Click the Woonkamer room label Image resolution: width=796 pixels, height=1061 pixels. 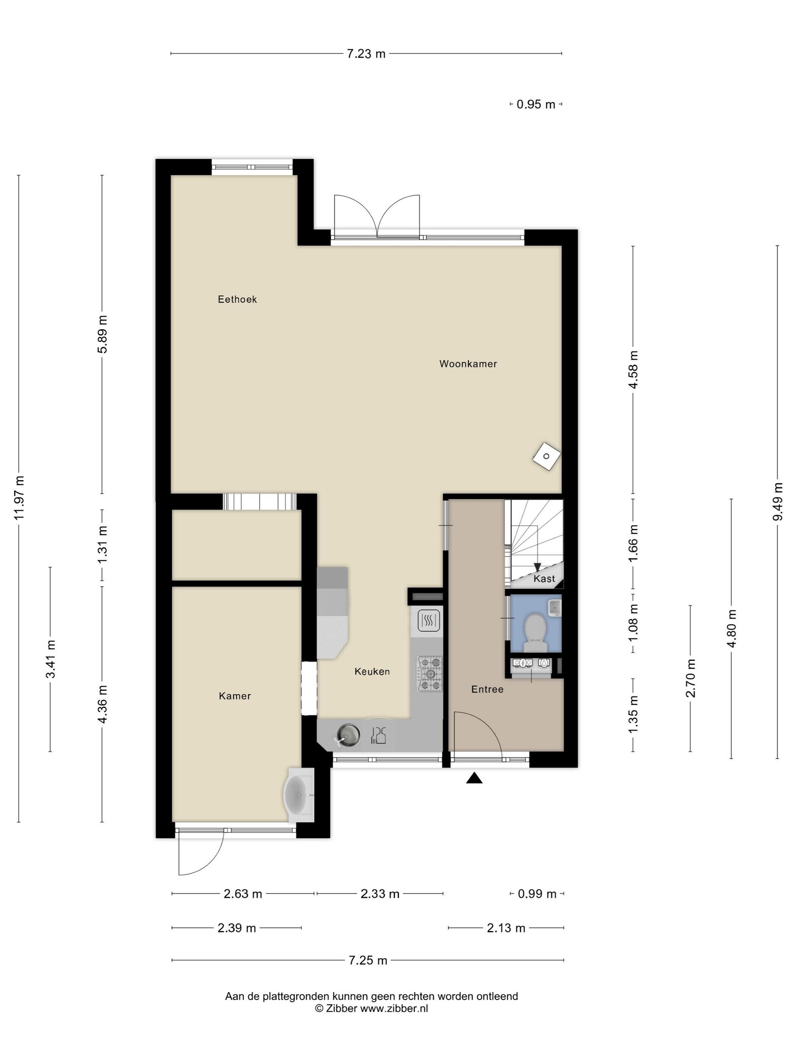click(468, 363)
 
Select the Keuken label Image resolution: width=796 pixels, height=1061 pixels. click(372, 671)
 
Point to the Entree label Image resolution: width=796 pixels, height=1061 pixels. click(487, 689)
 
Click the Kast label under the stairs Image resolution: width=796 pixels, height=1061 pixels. click(544, 579)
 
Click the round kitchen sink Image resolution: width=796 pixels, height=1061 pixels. click(348, 734)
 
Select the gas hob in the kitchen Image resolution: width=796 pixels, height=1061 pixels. click(430, 673)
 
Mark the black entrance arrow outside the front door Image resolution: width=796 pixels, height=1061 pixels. click(474, 778)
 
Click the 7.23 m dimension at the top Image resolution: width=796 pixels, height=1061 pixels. click(366, 54)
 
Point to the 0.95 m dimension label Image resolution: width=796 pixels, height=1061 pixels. click(536, 104)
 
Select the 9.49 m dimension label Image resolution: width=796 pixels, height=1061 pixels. click(778, 501)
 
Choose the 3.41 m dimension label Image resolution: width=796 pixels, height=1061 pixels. click(50, 659)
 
